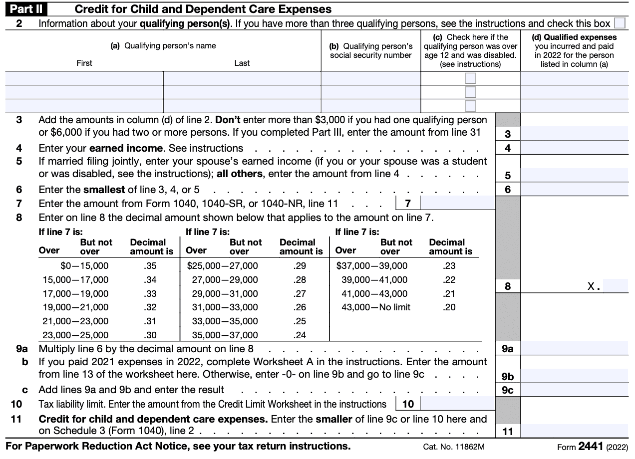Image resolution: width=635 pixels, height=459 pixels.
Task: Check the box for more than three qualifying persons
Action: [620, 23]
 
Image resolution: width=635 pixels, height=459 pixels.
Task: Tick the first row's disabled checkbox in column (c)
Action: [470, 78]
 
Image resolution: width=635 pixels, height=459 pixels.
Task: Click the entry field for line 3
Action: [574, 134]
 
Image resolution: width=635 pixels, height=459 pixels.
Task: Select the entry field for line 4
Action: [574, 148]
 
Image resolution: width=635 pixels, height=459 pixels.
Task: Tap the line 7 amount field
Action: [457, 203]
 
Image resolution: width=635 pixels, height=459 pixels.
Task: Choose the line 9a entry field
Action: [574, 348]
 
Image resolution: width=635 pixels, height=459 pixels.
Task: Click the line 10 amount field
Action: [457, 404]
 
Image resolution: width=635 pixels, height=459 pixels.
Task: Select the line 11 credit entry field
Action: [574, 431]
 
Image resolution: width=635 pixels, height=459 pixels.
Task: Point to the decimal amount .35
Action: [150, 266]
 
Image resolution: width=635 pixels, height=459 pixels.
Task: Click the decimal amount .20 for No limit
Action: [449, 307]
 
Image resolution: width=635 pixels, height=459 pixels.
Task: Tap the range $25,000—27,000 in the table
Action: [222, 266]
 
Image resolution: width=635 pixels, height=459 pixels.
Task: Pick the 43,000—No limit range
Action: [376, 307]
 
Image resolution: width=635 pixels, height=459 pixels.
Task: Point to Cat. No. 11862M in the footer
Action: [454, 447]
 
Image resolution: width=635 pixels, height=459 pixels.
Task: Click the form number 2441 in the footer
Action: [591, 446]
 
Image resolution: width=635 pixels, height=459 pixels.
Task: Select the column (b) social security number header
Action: [371, 50]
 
